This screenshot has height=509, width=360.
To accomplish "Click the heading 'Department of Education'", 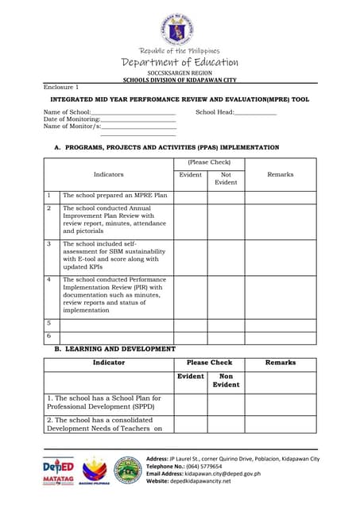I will pos(180,62).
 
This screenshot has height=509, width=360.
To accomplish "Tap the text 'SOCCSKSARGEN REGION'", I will pos(180,72).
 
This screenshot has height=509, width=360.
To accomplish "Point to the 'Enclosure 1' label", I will pos(61,86).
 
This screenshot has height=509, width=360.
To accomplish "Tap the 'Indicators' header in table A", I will pos(109,174).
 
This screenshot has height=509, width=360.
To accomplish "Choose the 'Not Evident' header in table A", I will pos(226,178).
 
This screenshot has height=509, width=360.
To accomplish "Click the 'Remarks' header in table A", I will pos(281,174).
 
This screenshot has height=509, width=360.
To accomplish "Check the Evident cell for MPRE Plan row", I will pos(191,196).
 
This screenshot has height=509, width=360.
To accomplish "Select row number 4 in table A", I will pos(49,280).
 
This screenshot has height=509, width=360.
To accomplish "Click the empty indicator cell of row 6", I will pos(117,336).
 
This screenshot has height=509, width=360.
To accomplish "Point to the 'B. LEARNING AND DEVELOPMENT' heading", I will pos(114,349).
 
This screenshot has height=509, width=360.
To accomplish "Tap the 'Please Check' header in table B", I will pos(209,363).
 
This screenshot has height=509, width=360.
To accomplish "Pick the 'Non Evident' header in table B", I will pos(226,381).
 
